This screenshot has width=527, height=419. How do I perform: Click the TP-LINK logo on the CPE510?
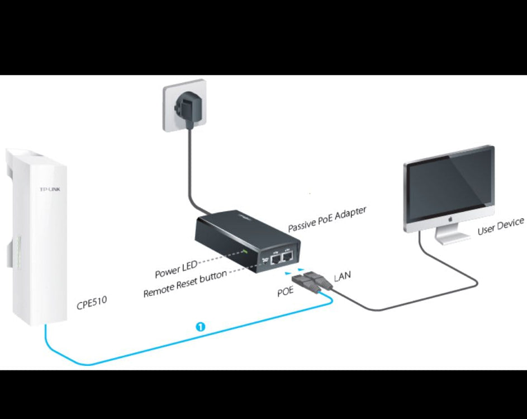click(x=49, y=190)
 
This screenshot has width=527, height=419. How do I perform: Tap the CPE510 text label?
click(x=92, y=304)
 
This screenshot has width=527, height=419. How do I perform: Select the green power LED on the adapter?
click(x=245, y=251)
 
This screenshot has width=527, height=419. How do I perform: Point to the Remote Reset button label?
click(x=185, y=284)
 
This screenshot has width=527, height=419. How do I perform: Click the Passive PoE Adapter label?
click(x=327, y=219)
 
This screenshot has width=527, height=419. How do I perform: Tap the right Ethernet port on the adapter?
click(x=288, y=257)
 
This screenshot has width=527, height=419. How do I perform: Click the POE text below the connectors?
click(x=285, y=291)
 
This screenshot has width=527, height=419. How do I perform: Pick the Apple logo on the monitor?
click(x=449, y=222)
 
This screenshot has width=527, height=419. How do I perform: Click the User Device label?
click(x=500, y=226)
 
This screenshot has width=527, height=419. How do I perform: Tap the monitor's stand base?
click(x=450, y=241)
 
